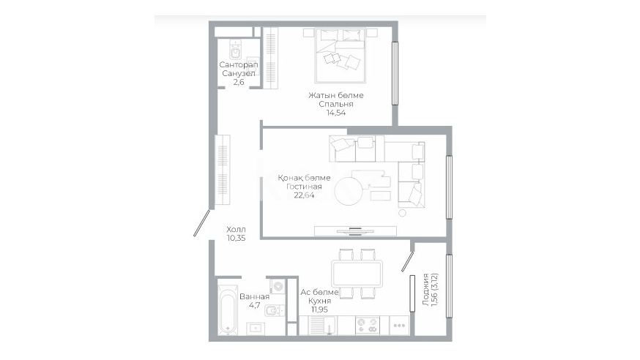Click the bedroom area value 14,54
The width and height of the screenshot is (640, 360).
336,113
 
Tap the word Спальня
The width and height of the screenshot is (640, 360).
336,104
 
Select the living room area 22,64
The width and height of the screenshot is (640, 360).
304,195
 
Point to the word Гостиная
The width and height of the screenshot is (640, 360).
304,187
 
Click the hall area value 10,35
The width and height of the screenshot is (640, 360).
237,238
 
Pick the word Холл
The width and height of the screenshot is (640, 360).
237,230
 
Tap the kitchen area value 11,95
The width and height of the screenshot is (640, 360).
319,310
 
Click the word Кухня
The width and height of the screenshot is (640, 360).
319,301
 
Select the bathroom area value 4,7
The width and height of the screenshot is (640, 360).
254,305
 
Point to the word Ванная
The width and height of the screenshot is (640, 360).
254,296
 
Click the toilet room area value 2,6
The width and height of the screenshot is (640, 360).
239,82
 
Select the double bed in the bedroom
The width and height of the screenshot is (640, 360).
340,56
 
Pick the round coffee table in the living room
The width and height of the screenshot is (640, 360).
349,191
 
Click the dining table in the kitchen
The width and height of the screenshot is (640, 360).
357,274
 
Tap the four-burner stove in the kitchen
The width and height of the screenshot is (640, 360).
368,326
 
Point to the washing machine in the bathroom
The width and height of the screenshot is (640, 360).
277,286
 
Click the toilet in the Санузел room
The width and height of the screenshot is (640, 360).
236,50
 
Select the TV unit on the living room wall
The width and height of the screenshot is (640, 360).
355,230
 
